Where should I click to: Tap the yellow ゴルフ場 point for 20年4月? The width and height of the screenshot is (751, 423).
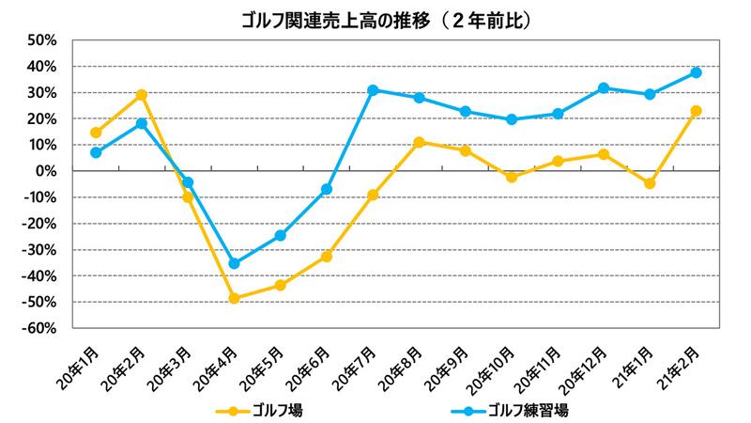coord(234,298)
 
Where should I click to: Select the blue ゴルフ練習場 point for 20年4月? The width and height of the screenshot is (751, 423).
coord(234,263)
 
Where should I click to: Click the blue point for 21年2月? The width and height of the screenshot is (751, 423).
coord(697,72)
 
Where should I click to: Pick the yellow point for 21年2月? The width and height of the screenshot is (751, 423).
coord(697,111)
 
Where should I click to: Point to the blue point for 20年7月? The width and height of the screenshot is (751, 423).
coord(373,90)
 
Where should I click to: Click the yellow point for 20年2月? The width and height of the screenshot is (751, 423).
coord(142,95)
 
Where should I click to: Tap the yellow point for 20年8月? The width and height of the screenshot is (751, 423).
coord(419,143)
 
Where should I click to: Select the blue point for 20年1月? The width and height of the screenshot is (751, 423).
coord(96,152)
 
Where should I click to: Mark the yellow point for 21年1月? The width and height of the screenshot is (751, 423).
coord(650,183)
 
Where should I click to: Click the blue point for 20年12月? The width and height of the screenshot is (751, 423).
coord(604,88)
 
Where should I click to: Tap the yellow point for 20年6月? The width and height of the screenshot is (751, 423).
coord(327,256)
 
